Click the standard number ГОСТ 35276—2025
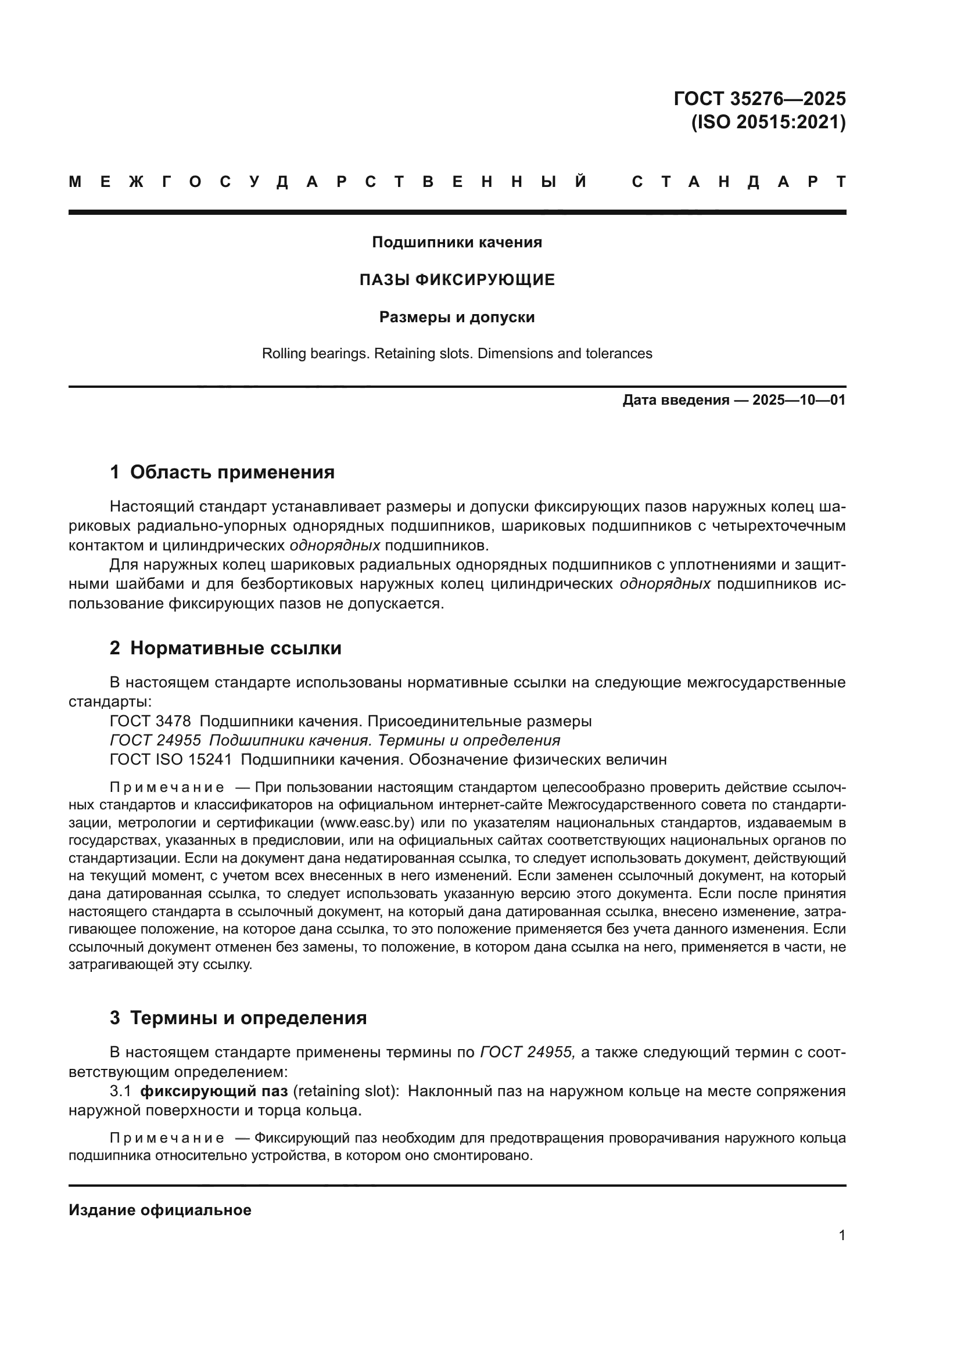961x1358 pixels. click(x=759, y=98)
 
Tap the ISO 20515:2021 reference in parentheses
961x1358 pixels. click(x=768, y=123)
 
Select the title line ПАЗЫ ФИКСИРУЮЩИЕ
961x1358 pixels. click(x=457, y=280)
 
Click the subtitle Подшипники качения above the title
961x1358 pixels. click(x=457, y=243)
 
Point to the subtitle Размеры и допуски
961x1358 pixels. click(x=457, y=318)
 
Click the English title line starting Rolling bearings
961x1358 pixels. click(x=457, y=354)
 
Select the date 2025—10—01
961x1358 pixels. click(x=799, y=401)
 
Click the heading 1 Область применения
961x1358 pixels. click(x=222, y=472)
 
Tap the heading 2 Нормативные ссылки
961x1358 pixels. click(x=225, y=649)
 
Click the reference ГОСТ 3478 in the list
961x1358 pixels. click(x=150, y=722)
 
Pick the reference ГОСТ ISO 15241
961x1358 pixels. click(x=170, y=759)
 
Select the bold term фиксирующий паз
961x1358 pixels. click(x=214, y=1091)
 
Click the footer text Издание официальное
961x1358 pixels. click(x=160, y=1210)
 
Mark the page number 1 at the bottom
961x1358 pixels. click(x=842, y=1235)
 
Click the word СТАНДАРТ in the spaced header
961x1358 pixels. click(x=739, y=182)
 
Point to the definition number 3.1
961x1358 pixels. click(x=120, y=1091)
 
